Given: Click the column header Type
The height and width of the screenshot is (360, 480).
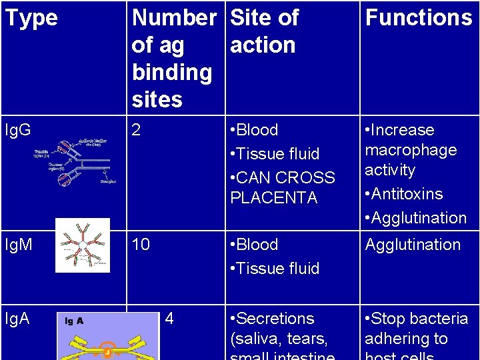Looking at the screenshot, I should click(31, 19).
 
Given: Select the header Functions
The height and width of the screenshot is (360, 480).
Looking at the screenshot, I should click(419, 17).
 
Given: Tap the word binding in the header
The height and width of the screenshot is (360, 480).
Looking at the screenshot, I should click(172, 72).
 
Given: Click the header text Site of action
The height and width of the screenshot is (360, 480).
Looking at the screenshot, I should click(263, 31).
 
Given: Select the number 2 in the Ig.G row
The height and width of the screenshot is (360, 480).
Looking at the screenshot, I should click(137, 129).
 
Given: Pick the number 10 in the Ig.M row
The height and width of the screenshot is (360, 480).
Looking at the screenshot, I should click(141, 244).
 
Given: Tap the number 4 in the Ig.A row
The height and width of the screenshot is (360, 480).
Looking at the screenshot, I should click(169, 318).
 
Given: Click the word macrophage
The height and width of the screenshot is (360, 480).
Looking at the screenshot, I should click(411, 150).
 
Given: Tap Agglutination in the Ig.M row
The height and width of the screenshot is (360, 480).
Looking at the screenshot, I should click(413, 245).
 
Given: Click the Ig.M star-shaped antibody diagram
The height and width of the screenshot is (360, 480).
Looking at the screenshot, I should click(82, 245).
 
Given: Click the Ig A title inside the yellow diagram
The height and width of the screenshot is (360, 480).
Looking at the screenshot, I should click(73, 321).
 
